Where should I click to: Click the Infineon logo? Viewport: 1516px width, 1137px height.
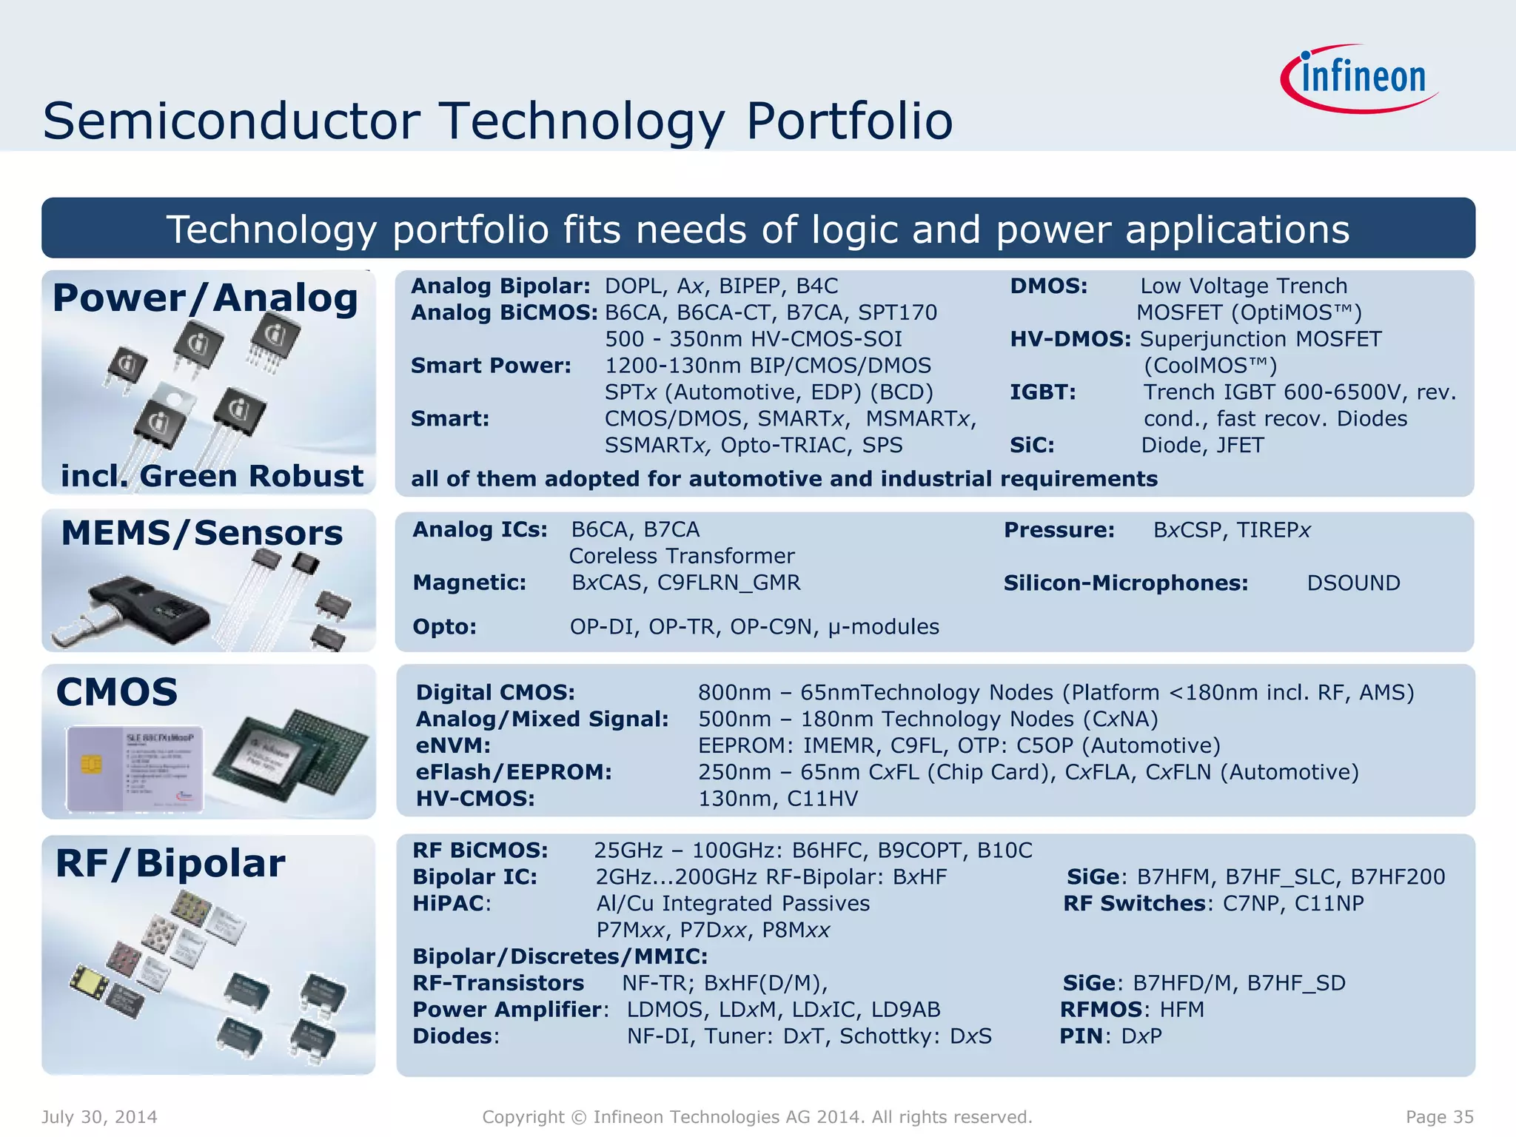pos(1361,78)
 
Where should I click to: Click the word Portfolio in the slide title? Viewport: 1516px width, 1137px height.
pos(849,121)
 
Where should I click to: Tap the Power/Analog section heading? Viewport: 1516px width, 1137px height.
pos(205,298)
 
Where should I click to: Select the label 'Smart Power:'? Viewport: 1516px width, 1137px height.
pos(491,366)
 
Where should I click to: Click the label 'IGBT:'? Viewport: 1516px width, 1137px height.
pos(1042,392)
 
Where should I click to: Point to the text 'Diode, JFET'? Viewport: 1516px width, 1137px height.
pos(1202,446)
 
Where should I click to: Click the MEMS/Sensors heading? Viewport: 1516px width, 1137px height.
pos(201,534)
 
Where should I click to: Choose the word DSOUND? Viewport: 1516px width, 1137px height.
pos(1353,583)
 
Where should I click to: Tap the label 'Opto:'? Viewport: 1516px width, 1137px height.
pos(444,627)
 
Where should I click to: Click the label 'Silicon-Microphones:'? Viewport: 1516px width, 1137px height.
pos(1125,583)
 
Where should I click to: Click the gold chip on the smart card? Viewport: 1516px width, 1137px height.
pos(91,765)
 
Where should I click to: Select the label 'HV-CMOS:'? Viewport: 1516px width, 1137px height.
pos(474,799)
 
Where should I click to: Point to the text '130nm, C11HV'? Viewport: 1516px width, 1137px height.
pos(778,799)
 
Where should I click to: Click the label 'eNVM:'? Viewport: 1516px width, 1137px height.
pos(453,745)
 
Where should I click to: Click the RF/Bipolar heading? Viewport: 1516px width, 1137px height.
pos(170,864)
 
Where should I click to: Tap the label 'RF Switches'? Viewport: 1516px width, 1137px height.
pos(1134,904)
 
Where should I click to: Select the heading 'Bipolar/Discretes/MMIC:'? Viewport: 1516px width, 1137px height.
pos(560,956)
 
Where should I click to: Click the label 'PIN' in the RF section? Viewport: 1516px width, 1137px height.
pos(1081,1036)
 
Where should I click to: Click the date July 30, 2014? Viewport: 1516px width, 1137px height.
pos(99,1117)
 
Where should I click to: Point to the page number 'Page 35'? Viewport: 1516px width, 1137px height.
pos(1439,1117)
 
